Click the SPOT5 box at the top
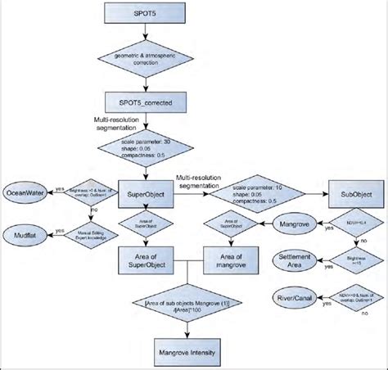[145, 16]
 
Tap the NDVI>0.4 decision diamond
[350, 222]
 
